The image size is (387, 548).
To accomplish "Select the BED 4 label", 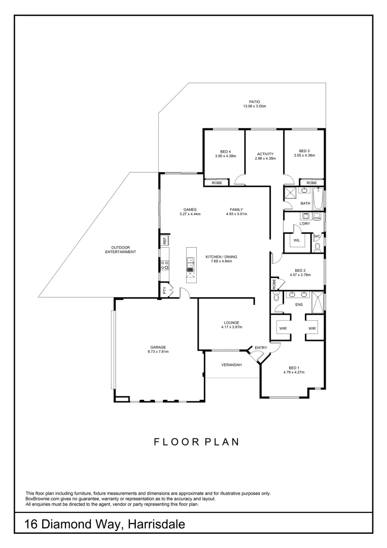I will pos(225,151).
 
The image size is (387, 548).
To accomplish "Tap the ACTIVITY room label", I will pos(265,154).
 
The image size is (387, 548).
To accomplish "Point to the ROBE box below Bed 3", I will pos(311,183).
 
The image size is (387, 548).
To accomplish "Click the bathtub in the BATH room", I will pos(318,198).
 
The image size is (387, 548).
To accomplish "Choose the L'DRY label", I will pos(305,224).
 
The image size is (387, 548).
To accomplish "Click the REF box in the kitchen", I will pos(164,241).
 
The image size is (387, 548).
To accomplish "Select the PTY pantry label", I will pos(165,291).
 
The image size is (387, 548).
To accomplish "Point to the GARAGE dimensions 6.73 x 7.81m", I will pos(157,352).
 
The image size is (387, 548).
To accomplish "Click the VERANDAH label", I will pos(231,365).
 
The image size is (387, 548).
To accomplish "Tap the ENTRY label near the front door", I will pos(261,348).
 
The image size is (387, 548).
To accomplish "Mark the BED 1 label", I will pos(294,368).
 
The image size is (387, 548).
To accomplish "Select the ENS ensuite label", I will pos(299,305).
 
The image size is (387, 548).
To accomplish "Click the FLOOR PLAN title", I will pos(196,442).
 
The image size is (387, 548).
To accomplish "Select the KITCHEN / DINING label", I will pos(221,257).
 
